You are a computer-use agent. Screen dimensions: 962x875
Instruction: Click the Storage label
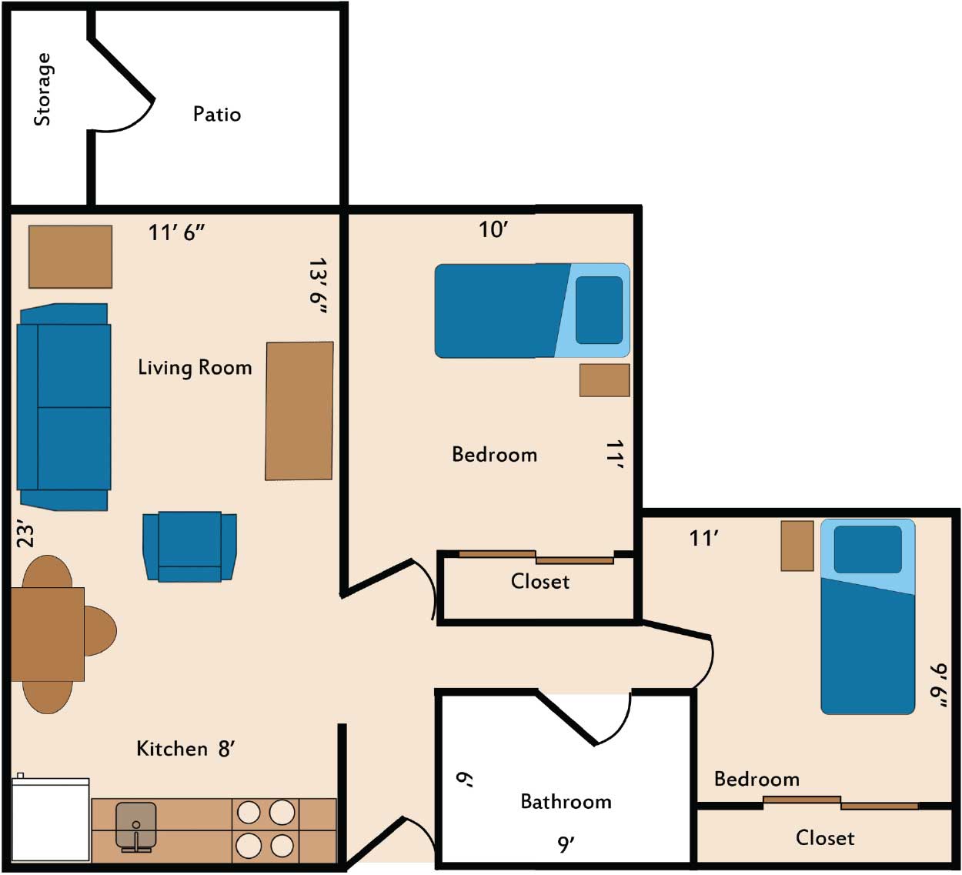(x=42, y=89)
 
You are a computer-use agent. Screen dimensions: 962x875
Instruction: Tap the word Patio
(x=217, y=114)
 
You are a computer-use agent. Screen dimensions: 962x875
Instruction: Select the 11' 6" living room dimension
(x=176, y=232)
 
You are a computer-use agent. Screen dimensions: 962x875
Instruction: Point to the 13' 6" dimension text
(x=318, y=286)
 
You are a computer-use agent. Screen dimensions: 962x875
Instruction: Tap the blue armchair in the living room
(x=190, y=547)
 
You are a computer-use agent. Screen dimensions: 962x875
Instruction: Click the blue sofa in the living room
(x=64, y=407)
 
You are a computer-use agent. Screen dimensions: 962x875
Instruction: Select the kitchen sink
(x=136, y=827)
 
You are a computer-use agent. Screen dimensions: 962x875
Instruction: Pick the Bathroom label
(x=566, y=801)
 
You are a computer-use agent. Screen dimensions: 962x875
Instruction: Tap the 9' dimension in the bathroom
(x=566, y=844)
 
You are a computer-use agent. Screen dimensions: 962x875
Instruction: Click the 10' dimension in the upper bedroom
(x=493, y=230)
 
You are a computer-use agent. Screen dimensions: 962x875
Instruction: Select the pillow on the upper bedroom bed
(x=599, y=310)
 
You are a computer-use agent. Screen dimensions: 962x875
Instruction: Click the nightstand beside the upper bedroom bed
(x=605, y=380)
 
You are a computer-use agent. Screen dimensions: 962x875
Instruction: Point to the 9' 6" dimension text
(x=939, y=686)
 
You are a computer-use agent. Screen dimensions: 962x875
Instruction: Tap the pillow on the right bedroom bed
(x=868, y=549)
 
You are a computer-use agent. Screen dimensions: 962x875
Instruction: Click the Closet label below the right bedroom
(x=825, y=838)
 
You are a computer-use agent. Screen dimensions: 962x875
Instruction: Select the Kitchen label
(x=172, y=748)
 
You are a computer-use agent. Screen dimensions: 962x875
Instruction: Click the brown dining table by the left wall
(x=48, y=634)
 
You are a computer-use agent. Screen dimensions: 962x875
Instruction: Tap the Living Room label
(x=195, y=367)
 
